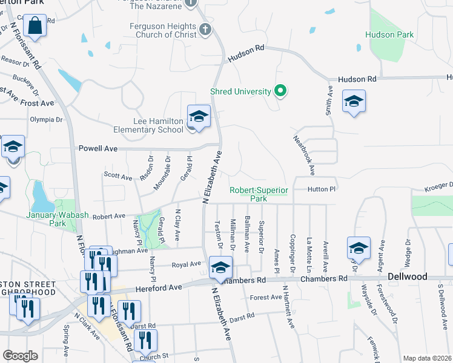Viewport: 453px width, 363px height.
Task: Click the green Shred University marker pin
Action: [280, 92]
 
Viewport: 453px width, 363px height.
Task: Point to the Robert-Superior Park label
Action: [258, 194]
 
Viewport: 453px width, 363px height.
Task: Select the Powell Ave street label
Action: [98, 148]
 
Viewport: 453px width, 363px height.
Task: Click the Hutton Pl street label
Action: [321, 189]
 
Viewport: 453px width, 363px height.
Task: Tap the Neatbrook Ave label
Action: [305, 154]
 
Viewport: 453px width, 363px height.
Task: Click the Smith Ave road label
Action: [329, 100]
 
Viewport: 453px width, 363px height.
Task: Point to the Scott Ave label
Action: [117, 177]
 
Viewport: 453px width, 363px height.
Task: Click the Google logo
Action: [20, 355]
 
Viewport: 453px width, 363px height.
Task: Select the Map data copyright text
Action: [428, 358]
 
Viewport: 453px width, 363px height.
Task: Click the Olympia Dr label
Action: [47, 120]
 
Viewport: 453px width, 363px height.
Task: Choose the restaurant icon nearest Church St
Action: [145, 341]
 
